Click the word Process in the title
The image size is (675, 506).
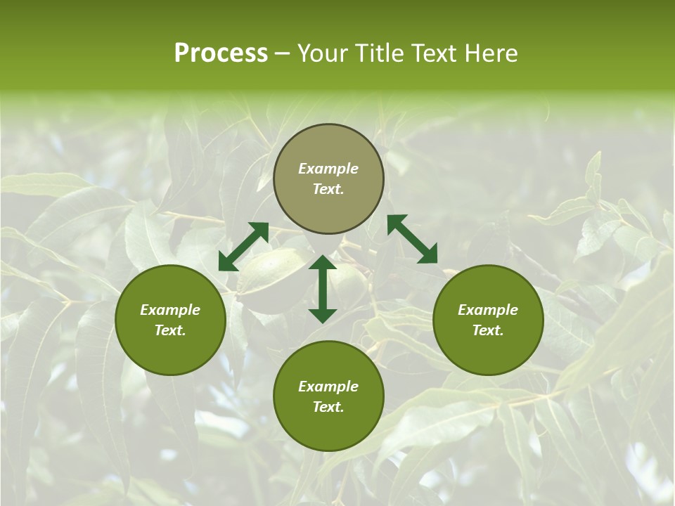[221, 53]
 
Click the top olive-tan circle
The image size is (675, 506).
[328, 148]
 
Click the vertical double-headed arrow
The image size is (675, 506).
[323, 289]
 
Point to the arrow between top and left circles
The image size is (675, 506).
[243, 247]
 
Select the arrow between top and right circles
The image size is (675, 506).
[412, 239]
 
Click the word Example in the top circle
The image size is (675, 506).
[328, 169]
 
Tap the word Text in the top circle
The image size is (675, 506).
[327, 189]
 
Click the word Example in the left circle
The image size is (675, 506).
[170, 310]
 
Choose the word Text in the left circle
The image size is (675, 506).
[169, 330]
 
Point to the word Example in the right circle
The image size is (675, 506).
[488, 310]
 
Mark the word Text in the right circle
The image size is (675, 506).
[487, 330]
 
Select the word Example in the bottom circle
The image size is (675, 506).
[328, 387]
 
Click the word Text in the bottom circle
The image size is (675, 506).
[327, 407]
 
